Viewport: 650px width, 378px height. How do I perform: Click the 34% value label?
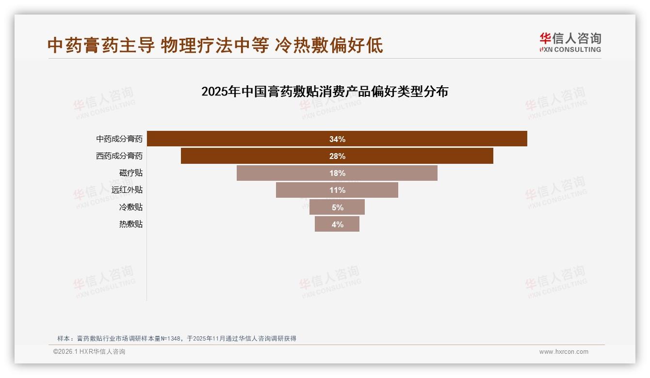[337, 139]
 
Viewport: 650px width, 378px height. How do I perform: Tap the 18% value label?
[337, 173]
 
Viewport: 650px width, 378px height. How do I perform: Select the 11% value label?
[337, 190]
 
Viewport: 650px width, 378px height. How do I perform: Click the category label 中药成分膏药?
[119, 139]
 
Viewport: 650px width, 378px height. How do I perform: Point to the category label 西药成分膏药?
[119, 156]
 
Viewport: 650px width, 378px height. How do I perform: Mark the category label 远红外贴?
[127, 190]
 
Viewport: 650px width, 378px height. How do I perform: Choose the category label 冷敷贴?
[131, 207]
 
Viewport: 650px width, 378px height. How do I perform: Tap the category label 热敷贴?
[131, 224]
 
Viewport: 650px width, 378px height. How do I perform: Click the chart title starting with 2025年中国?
[325, 92]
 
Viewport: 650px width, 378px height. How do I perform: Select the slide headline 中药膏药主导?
[215, 45]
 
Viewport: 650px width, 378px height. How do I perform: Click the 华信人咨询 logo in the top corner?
[570, 42]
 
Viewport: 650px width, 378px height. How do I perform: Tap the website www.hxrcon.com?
[564, 352]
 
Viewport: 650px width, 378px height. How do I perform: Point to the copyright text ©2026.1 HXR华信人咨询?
[89, 352]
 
